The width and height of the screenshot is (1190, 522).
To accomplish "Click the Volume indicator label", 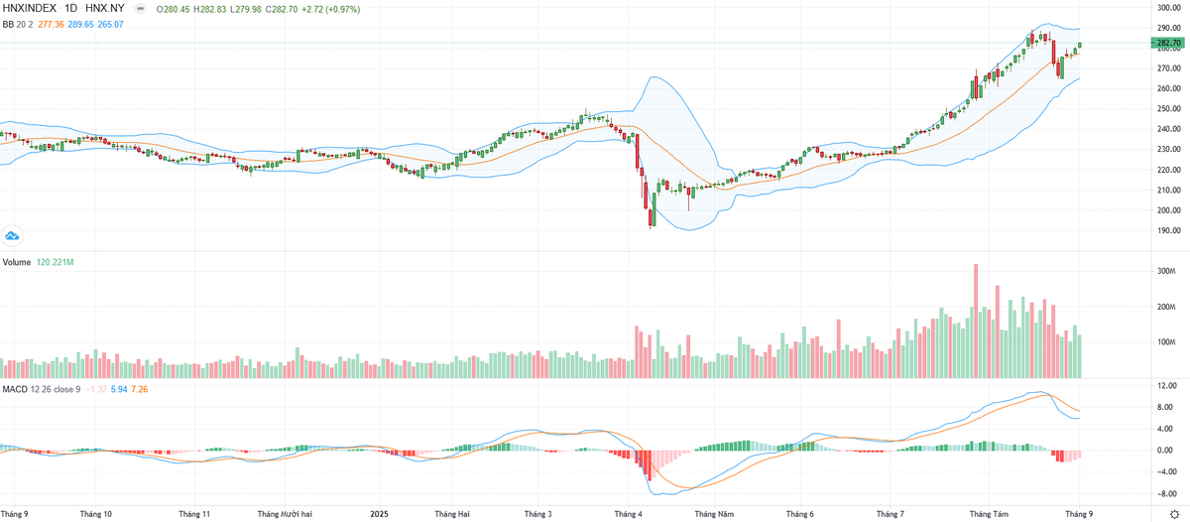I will tap(16, 263).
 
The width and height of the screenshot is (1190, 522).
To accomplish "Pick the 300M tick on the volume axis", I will tap(1166, 271).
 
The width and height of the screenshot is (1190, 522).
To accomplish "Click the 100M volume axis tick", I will tap(1166, 342).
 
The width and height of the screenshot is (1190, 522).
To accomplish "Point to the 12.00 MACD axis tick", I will tap(1167, 385).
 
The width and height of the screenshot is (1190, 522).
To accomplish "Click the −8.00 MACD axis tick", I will tap(1167, 493).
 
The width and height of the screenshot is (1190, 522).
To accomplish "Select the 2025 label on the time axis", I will tap(379, 514).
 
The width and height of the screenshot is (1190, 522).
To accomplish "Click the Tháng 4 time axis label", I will tap(629, 514).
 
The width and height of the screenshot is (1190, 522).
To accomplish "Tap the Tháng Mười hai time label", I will tap(285, 514).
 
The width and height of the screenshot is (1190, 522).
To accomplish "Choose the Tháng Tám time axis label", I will tap(988, 514).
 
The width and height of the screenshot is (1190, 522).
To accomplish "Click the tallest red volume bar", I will tap(976, 321).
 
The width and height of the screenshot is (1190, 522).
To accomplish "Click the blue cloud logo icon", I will tap(12, 236).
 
